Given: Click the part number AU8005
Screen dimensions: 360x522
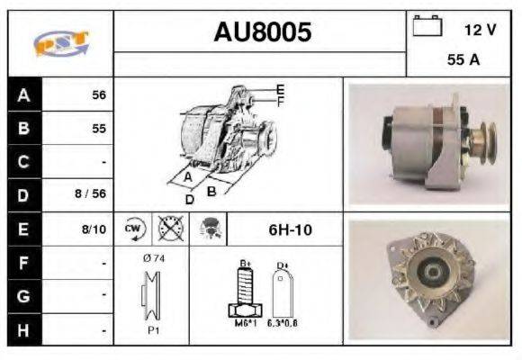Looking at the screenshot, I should [x=262, y=32].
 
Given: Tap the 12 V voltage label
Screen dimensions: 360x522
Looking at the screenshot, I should [x=480, y=30].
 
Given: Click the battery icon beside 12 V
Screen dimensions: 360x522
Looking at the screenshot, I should [x=426, y=26].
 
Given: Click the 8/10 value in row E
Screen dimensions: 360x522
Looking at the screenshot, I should [x=94, y=229].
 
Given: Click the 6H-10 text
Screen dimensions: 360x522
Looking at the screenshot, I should [x=290, y=229].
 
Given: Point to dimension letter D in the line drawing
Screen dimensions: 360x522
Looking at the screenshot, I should [x=189, y=199].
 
